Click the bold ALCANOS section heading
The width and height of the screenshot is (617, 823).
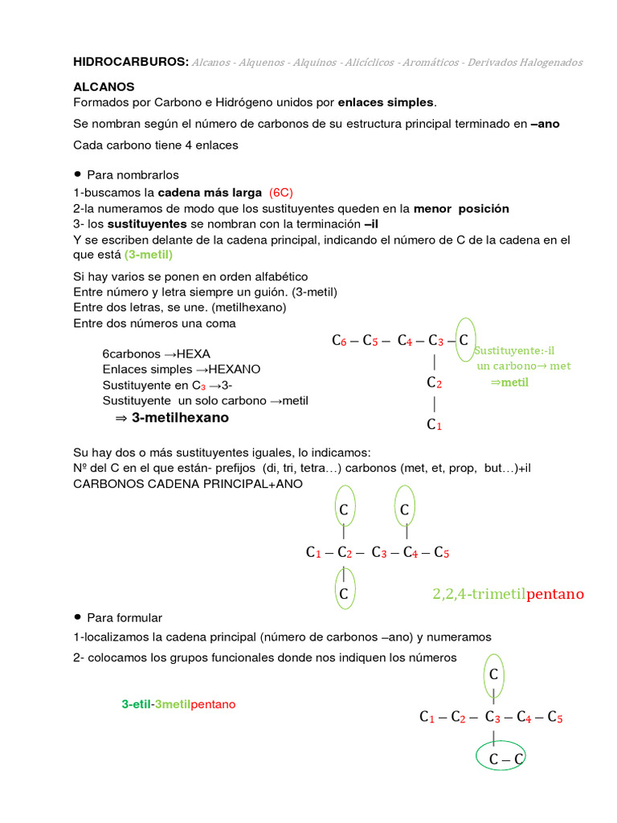pos(104,86)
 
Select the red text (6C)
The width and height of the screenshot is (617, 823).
pos(282,193)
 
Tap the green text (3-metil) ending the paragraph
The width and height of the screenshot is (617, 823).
pos(149,255)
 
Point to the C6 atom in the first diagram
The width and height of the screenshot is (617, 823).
pos(338,341)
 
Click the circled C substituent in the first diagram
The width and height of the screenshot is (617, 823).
pos(464,340)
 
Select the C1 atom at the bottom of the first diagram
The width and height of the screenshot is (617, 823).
pos(434,424)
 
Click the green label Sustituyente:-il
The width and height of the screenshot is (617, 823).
pos(514,350)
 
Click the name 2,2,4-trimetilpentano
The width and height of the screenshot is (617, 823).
pos(508,595)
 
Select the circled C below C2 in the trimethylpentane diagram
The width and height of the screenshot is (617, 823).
pos(343,594)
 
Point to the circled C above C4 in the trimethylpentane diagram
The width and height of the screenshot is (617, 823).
pos(405,510)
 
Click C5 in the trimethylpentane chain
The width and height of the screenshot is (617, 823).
pos(441,552)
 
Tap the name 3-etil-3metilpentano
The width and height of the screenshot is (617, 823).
pos(178,704)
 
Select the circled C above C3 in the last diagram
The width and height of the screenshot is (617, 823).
pos(494,675)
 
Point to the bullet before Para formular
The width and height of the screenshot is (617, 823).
pos(78,616)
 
